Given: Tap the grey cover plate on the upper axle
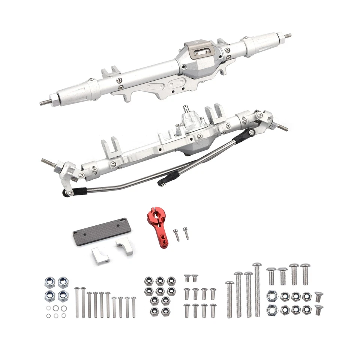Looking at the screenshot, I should [x=201, y=51].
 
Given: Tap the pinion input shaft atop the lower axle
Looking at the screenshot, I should [x=186, y=109].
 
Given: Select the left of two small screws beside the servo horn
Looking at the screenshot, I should [x=177, y=235].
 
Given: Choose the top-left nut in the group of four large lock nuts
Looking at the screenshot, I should [x=49, y=282].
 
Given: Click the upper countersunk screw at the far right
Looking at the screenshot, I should [x=319, y=296].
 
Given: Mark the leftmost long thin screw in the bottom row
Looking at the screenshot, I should [x=77, y=302].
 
